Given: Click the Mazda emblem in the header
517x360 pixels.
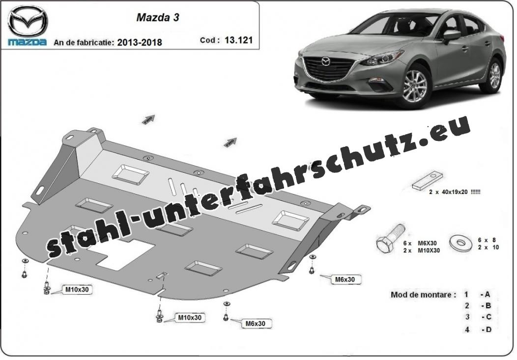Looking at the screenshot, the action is [x=28, y=21].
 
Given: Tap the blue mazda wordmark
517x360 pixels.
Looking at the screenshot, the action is [x=28, y=42].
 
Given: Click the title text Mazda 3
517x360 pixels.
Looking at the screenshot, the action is [x=158, y=18].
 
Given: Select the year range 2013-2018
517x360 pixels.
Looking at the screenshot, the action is [x=140, y=43].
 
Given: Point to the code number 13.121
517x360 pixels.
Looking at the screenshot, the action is [x=239, y=40].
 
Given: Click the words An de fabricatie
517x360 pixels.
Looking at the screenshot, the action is [x=84, y=43].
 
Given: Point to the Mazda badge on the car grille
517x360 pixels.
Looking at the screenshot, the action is [x=325, y=61].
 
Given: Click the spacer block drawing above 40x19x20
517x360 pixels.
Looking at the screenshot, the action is [x=428, y=181].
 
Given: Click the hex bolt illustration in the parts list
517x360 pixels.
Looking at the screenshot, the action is [x=390, y=239].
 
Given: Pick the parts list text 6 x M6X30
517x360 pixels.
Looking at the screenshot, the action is [x=421, y=243].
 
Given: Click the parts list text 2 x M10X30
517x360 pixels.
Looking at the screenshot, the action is [x=421, y=250].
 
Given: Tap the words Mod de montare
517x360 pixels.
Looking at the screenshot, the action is [x=423, y=295].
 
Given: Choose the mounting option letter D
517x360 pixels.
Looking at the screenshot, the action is [x=488, y=329].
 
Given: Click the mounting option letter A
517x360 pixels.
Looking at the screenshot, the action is [x=488, y=295].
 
